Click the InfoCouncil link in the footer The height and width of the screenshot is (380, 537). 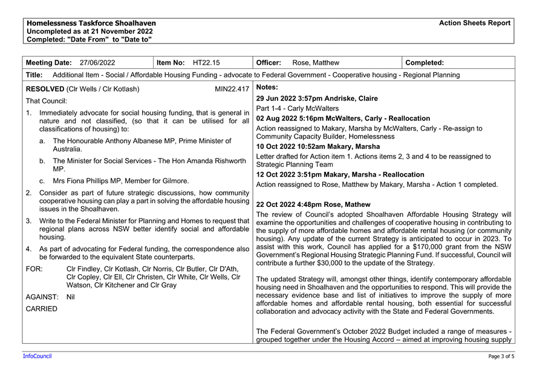pos(37,356)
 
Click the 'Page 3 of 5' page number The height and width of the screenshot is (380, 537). pos(501,356)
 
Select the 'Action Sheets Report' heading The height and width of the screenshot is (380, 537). pos(475,23)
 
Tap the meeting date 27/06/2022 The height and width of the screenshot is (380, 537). pos(97,63)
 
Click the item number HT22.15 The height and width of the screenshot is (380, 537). pos(206,63)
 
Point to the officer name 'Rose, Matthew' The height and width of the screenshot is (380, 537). pos(315,63)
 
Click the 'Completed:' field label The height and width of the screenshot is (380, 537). pos(425,63)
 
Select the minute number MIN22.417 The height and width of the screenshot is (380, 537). pos(232,89)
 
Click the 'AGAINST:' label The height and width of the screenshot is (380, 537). pos(42,297)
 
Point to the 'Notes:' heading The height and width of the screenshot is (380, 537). pos(267,88)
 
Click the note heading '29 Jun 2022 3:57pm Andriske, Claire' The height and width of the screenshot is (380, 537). pos(317,99)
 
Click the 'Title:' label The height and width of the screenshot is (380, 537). pos(34,75)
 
